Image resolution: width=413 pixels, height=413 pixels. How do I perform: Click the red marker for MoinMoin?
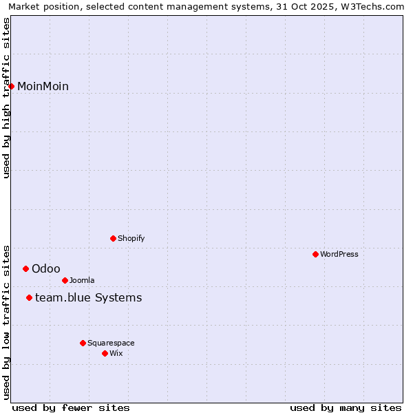click(12, 86)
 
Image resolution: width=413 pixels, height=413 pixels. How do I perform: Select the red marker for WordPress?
click(315, 254)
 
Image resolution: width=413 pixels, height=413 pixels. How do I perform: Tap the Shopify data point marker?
click(113, 238)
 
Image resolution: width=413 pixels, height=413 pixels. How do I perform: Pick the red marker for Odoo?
click(25, 268)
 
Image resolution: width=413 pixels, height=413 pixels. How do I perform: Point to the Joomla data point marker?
click(65, 280)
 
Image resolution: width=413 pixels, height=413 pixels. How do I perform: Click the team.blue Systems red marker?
click(29, 297)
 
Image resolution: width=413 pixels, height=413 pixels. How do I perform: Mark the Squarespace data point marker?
click(83, 343)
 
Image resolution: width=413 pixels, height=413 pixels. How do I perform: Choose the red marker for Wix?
click(105, 353)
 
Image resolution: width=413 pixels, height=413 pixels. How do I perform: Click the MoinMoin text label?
click(43, 86)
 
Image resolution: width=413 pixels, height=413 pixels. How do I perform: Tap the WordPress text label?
click(339, 254)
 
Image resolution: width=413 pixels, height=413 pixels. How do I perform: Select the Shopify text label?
click(131, 238)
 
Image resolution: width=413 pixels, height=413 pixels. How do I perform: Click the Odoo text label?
click(45, 268)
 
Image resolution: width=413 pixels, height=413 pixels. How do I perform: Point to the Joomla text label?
click(82, 280)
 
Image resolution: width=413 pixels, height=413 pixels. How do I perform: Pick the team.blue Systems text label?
click(88, 297)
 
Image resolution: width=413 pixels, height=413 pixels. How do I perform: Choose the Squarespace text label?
click(111, 343)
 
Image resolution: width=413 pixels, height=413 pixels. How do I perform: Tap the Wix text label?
click(116, 353)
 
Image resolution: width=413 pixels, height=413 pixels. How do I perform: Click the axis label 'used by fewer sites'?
click(71, 407)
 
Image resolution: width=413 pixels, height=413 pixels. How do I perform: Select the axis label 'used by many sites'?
click(346, 407)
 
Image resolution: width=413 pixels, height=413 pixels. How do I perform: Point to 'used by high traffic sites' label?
click(6, 98)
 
